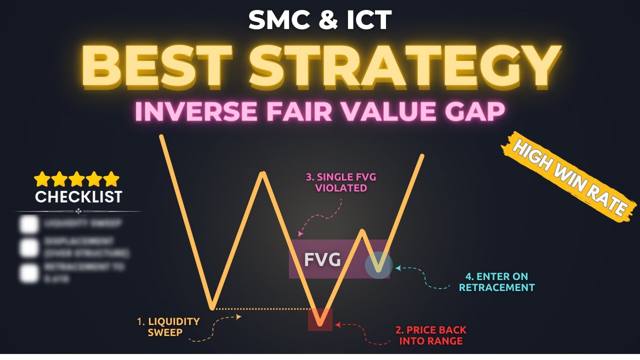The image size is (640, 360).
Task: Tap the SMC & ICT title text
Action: (x=320, y=19)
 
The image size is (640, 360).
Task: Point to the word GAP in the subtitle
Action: (x=473, y=112)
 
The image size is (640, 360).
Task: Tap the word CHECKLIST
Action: (x=78, y=197)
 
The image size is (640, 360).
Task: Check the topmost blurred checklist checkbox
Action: (x=29, y=224)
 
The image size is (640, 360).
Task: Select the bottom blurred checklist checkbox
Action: (x=29, y=272)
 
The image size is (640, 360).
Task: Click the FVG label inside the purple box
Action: (x=322, y=260)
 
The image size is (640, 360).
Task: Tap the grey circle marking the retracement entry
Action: (x=379, y=264)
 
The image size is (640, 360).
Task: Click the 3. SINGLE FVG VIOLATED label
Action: (x=341, y=182)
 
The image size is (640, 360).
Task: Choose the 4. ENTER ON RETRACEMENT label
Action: (x=496, y=282)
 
